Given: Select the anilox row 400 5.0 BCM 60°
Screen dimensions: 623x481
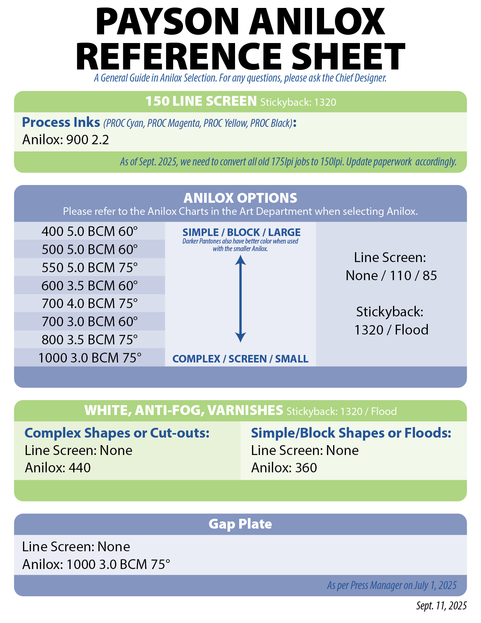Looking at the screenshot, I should (x=89, y=231).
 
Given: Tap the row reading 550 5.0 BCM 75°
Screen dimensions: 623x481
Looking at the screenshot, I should (x=89, y=267).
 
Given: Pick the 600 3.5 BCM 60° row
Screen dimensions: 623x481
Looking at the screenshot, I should (x=89, y=285).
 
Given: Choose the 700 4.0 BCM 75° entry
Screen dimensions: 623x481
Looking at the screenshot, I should (x=89, y=303).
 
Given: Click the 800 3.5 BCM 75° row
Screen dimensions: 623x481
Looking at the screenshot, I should (x=89, y=339).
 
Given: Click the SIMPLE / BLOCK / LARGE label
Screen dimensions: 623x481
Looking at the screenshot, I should (x=241, y=232).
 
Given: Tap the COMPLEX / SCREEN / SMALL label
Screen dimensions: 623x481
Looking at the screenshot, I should (x=240, y=359).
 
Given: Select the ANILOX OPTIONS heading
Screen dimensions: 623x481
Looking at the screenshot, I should (x=240, y=198).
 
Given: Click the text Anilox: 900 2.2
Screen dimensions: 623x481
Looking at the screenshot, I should (x=66, y=140).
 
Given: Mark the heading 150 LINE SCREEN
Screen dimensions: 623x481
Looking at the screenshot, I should (x=201, y=101).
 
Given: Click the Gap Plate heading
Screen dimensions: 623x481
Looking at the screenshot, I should (x=240, y=524).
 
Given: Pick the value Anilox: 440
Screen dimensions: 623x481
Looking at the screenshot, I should (x=58, y=468).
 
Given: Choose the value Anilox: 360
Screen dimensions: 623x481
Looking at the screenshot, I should (x=284, y=468).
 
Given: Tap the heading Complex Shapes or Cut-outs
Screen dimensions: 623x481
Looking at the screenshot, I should (x=117, y=433).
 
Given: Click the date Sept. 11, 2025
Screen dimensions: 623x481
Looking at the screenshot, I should (x=441, y=606).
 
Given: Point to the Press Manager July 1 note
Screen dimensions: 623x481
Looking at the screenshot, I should (x=392, y=585).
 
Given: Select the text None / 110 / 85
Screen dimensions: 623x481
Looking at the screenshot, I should (x=391, y=276).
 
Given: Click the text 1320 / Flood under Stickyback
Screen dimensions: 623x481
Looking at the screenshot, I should (x=391, y=330).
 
